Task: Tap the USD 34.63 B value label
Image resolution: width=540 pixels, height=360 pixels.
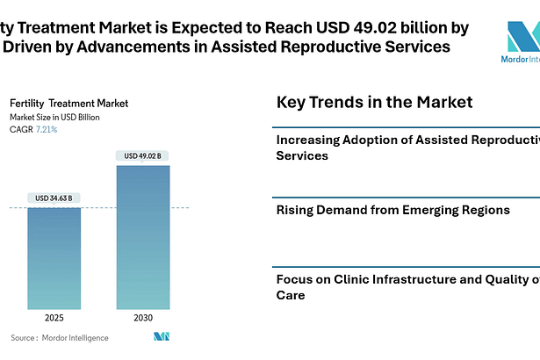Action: [54, 198]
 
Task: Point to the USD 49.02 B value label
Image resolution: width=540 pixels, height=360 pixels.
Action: [142, 156]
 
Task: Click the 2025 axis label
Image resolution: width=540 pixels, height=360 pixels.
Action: [54, 317]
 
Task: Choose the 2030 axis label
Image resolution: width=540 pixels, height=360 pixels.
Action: [142, 317]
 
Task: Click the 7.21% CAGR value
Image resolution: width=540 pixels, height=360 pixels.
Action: [47, 130]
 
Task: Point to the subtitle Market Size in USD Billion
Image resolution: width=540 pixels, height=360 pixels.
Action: [54, 117]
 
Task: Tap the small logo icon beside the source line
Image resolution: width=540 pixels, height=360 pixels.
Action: [161, 337]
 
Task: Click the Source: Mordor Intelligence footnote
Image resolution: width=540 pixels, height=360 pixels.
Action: [60, 337]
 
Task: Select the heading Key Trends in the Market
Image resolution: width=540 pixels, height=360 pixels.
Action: [374, 102]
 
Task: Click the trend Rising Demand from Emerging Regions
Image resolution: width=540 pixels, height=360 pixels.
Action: [392, 210]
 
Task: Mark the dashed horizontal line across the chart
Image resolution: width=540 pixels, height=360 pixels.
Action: [97, 208]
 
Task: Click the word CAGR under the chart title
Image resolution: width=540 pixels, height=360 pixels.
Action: [20, 130]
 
